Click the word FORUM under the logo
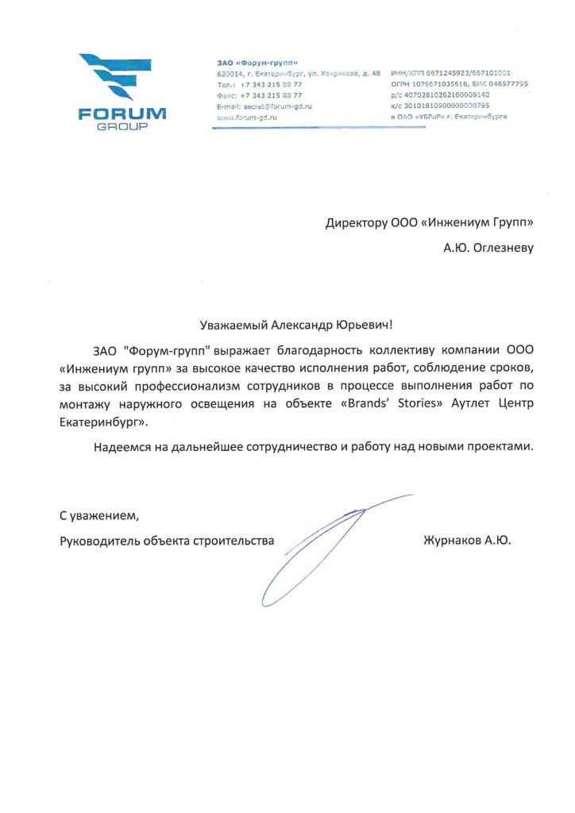pos(122,114)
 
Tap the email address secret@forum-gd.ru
pos(273,106)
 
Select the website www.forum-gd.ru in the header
pos(246,117)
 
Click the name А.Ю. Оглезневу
pos(488,248)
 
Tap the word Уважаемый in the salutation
pos(233,324)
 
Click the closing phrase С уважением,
pos(98,515)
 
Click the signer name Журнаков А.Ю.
pos(468,541)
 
